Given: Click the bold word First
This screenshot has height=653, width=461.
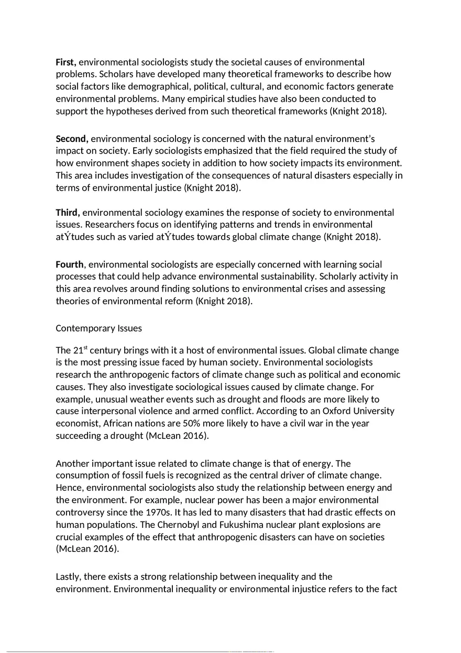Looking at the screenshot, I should click(x=66, y=62).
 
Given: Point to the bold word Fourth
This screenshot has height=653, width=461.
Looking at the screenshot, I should click(x=70, y=264).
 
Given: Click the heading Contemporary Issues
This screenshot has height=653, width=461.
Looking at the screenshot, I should click(x=98, y=328).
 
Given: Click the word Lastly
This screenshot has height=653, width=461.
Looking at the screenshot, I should click(x=68, y=577).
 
